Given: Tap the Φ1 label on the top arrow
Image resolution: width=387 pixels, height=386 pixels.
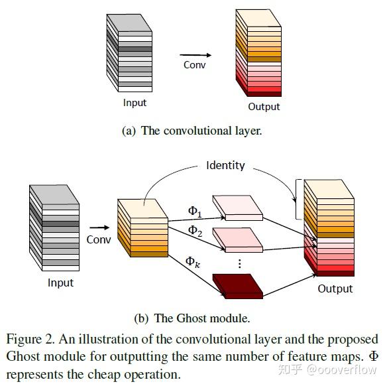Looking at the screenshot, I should point(194,211).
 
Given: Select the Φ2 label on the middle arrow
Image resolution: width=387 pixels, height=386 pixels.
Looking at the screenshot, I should point(194,230).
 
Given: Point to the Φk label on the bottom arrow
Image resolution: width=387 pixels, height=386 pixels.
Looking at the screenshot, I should point(192,261).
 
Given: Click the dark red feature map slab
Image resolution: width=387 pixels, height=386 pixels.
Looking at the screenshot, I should point(238,286).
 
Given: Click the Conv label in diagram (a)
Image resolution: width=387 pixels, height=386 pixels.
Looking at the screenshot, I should point(195,65).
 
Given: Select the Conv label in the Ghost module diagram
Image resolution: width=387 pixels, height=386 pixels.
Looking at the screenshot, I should point(99,239).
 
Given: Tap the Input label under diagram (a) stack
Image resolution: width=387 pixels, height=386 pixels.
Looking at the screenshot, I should point(135,103).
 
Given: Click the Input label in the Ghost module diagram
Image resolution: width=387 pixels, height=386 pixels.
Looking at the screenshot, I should point(60,283).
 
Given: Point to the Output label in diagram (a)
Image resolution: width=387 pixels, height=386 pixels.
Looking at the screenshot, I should point(264,106).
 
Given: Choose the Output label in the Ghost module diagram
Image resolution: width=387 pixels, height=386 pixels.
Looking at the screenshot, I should point(335,289).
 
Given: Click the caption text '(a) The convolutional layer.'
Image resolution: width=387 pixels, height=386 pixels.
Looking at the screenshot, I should point(192,131).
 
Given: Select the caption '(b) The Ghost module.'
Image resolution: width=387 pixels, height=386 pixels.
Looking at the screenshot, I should point(192,318).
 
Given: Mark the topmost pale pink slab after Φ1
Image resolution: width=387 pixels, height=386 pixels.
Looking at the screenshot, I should point(237,207).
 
